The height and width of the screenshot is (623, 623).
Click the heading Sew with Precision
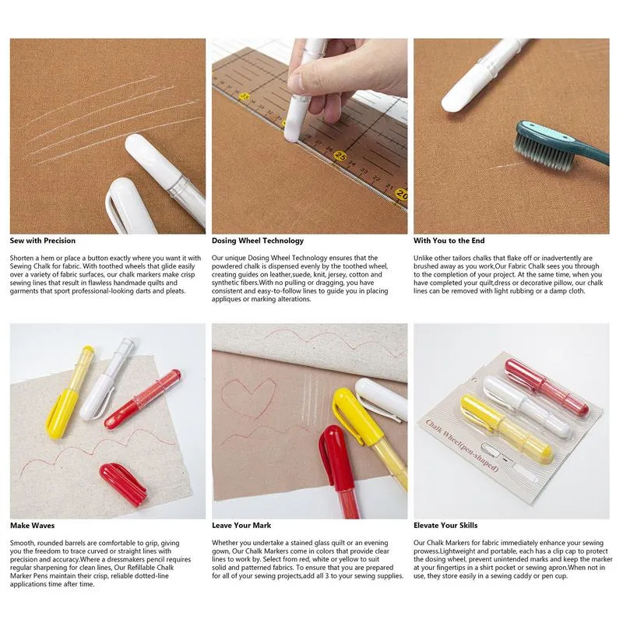(42, 241)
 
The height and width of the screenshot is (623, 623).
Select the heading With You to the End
(449, 241)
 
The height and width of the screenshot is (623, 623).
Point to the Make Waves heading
(32, 526)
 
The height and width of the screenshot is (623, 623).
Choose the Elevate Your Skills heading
(446, 526)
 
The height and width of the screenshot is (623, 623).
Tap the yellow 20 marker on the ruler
(400, 194)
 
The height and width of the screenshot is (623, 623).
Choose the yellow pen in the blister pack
(506, 429)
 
